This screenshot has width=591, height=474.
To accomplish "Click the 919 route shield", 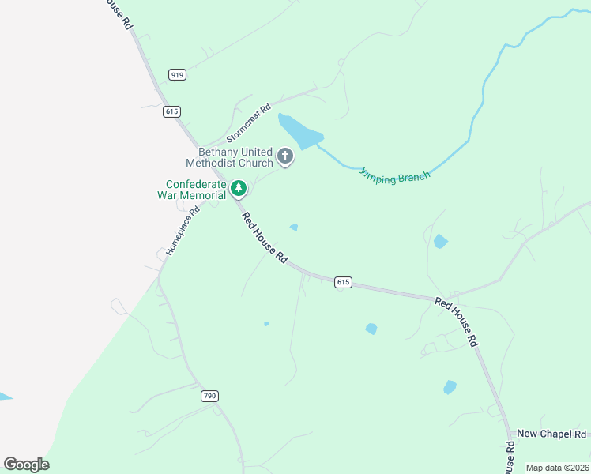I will tap(177, 75).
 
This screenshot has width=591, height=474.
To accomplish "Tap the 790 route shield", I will tap(209, 396).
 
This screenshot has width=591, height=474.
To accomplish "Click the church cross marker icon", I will tap(286, 157).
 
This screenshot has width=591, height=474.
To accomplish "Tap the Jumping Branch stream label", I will tap(394, 174).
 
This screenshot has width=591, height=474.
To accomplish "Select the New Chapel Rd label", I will tap(551, 434).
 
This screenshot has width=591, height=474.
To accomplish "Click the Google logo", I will tap(27, 465).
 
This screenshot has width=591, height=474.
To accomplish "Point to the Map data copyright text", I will tap(557, 468).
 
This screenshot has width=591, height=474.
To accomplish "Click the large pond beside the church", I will tap(299, 132).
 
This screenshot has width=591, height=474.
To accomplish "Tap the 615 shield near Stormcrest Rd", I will tap(172, 111).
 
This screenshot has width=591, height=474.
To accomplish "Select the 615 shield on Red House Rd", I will tap(342, 282).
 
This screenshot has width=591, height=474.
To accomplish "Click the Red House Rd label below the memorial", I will tap(265, 239).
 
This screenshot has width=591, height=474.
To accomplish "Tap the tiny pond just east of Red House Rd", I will tap(294, 228).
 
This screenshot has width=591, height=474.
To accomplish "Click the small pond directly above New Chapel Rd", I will tap(450, 387).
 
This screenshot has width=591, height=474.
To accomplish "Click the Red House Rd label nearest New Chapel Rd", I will tap(457, 323).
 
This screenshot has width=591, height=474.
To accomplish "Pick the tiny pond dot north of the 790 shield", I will tap(266, 324).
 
